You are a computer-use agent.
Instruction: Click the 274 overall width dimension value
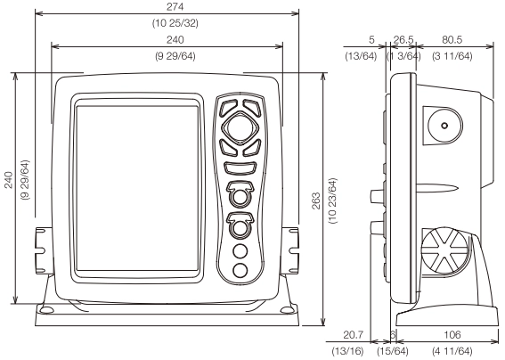[169, 7]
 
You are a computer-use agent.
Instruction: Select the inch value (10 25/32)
[169, 23]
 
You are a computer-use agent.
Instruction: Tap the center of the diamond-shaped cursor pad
[240, 129]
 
